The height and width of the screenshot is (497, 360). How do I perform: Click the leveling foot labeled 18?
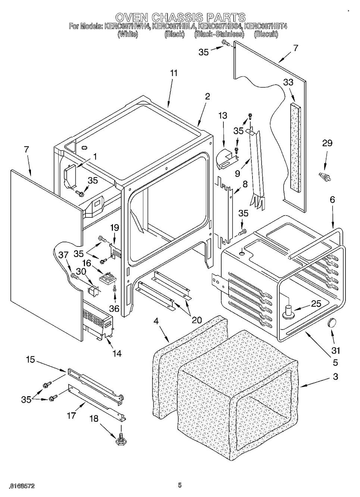click(x=121, y=441)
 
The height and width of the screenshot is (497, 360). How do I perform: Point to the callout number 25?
click(x=316, y=304)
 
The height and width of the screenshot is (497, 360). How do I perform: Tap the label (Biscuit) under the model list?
click(x=266, y=34)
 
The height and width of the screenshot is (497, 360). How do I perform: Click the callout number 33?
click(x=288, y=82)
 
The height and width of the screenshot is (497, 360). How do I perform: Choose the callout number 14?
click(x=117, y=353)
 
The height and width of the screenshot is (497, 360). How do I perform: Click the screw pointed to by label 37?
click(x=74, y=276)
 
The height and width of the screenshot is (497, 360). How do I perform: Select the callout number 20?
click(x=197, y=320)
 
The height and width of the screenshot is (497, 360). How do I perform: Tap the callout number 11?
click(x=173, y=73)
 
